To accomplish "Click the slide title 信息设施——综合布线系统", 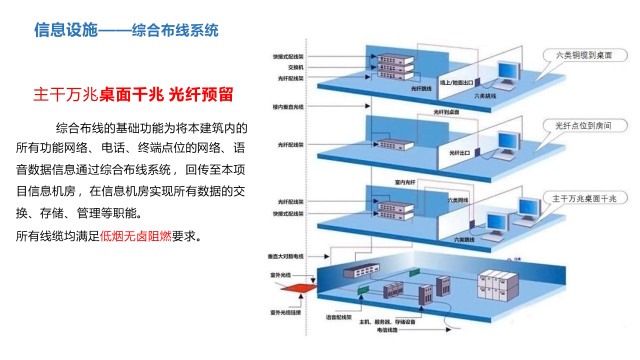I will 126,30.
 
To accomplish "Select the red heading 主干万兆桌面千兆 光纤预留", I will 133,94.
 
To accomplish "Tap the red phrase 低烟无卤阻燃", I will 135,236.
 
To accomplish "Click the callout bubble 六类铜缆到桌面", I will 584,55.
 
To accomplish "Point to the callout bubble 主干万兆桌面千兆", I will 583,198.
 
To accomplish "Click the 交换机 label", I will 295,67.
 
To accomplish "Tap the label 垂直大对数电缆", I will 285,256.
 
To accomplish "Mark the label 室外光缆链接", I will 285,312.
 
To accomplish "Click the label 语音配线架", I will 339,317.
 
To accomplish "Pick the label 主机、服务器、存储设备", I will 387,322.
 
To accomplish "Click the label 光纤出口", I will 459,152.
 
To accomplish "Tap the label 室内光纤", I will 405,182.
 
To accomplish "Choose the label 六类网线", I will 457,200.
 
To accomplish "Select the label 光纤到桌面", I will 446,112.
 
